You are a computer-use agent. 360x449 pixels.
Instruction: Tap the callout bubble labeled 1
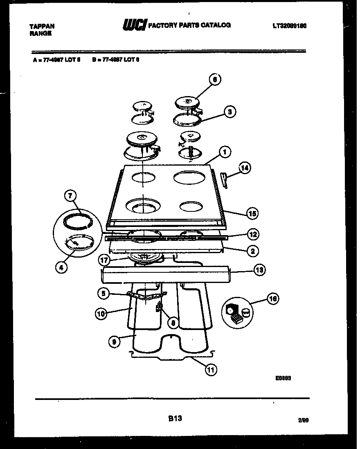coord(224,153)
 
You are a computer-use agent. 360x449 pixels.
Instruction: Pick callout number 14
coord(245,168)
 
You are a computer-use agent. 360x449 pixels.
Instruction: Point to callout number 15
coord(252,213)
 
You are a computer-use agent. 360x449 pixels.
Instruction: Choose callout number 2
coord(252,251)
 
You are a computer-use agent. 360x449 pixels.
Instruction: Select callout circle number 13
coord(259,269)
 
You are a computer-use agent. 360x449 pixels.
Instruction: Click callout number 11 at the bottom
coord(210,370)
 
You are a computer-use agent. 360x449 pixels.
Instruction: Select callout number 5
coord(104,293)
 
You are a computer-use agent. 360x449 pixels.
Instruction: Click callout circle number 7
coord(70,197)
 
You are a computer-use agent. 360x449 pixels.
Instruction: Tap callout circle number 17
coord(104,259)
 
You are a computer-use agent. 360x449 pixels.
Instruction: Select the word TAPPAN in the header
coord(42,26)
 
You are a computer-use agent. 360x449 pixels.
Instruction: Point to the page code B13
coord(175,418)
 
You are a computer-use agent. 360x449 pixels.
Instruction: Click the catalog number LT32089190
coord(290,26)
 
